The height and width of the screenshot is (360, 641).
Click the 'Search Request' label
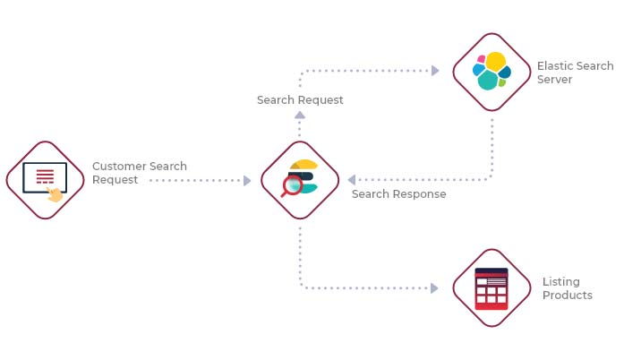[x=300, y=100]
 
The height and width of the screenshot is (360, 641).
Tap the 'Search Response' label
[x=399, y=194]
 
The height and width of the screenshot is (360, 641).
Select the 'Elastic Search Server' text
[x=575, y=73]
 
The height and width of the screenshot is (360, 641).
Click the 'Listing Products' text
[x=568, y=288]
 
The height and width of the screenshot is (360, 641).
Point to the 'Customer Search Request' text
[x=140, y=173]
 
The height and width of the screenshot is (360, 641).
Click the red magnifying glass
[x=291, y=188]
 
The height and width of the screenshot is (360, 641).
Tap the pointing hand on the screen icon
[x=55, y=194]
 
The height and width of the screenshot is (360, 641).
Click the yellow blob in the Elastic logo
[x=496, y=62]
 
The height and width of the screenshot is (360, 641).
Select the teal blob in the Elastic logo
[x=488, y=81]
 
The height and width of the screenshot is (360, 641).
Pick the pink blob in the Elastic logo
[x=481, y=59]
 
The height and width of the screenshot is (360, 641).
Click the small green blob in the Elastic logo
[x=502, y=83]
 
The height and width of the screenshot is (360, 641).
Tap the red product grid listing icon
[x=491, y=289]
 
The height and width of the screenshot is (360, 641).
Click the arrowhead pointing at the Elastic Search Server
[x=435, y=71]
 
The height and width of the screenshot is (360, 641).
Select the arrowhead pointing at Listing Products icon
[x=434, y=288]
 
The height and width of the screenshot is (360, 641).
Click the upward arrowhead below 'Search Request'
[x=300, y=116]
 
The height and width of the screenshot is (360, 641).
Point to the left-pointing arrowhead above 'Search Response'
[x=351, y=180]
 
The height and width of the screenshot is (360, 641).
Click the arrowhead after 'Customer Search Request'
[x=247, y=180]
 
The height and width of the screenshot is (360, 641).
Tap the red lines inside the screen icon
[x=45, y=176]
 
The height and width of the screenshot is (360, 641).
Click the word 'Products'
[x=568, y=296]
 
